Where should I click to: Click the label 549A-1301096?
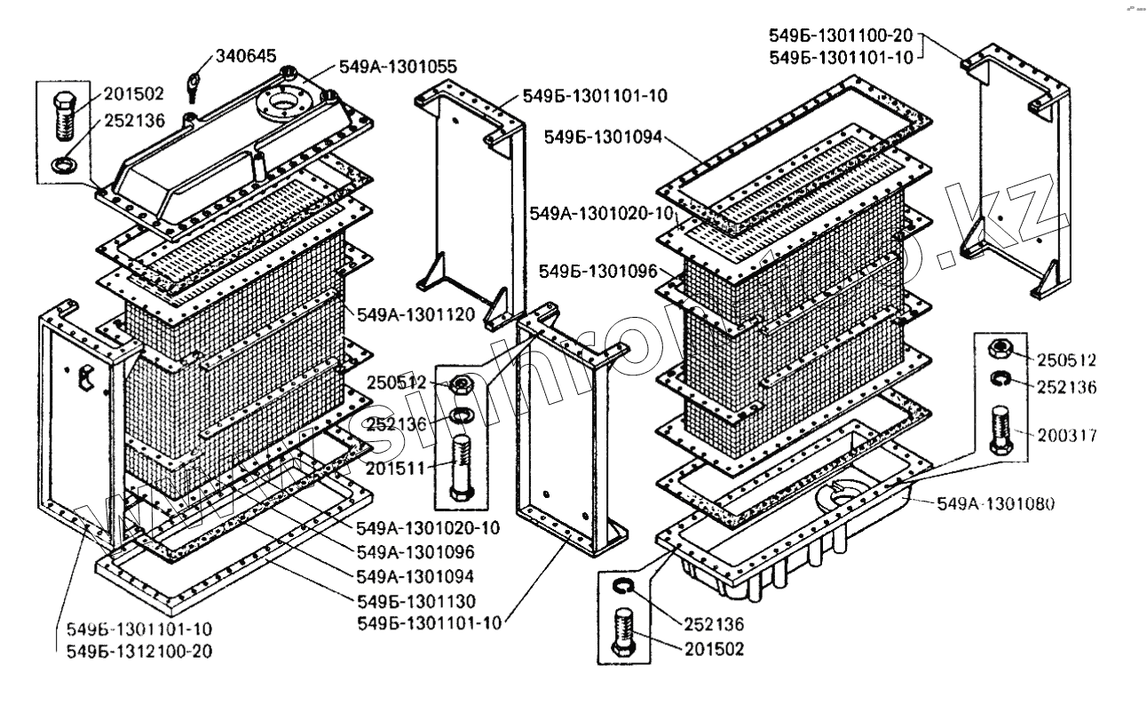(415, 551)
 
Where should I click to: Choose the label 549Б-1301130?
(415, 599)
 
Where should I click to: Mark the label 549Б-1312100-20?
(138, 651)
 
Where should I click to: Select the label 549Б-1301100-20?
(842, 36)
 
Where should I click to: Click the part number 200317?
(1067, 436)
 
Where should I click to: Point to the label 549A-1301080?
(996, 504)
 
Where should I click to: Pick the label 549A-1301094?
(415, 575)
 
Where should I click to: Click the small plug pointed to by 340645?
(193, 86)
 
